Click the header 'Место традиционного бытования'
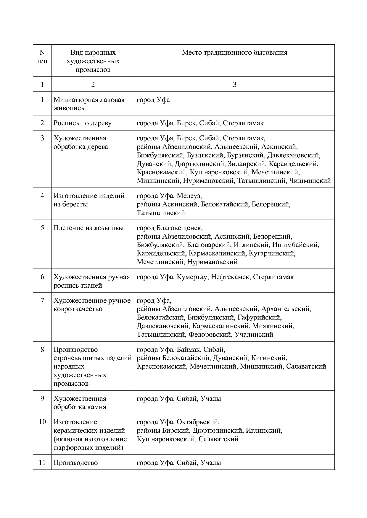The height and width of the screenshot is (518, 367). coord(234,53)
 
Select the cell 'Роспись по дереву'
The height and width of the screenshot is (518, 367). coord(83,123)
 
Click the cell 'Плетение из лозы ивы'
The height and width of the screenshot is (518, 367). coord(88,228)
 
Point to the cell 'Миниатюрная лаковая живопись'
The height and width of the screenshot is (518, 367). coord(89,104)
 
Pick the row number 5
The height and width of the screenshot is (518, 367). coord(42,228)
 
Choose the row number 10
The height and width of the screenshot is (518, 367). coord(42,422)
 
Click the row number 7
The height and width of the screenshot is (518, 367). coord(42,300)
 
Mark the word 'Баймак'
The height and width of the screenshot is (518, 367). coord(188,350)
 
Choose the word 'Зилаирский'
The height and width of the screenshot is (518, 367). coord(244,164)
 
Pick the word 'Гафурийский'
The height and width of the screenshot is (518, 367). coord(259,317)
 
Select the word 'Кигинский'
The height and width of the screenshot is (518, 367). coord(269,358)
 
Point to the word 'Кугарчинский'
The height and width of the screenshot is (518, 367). coord(272,253)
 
